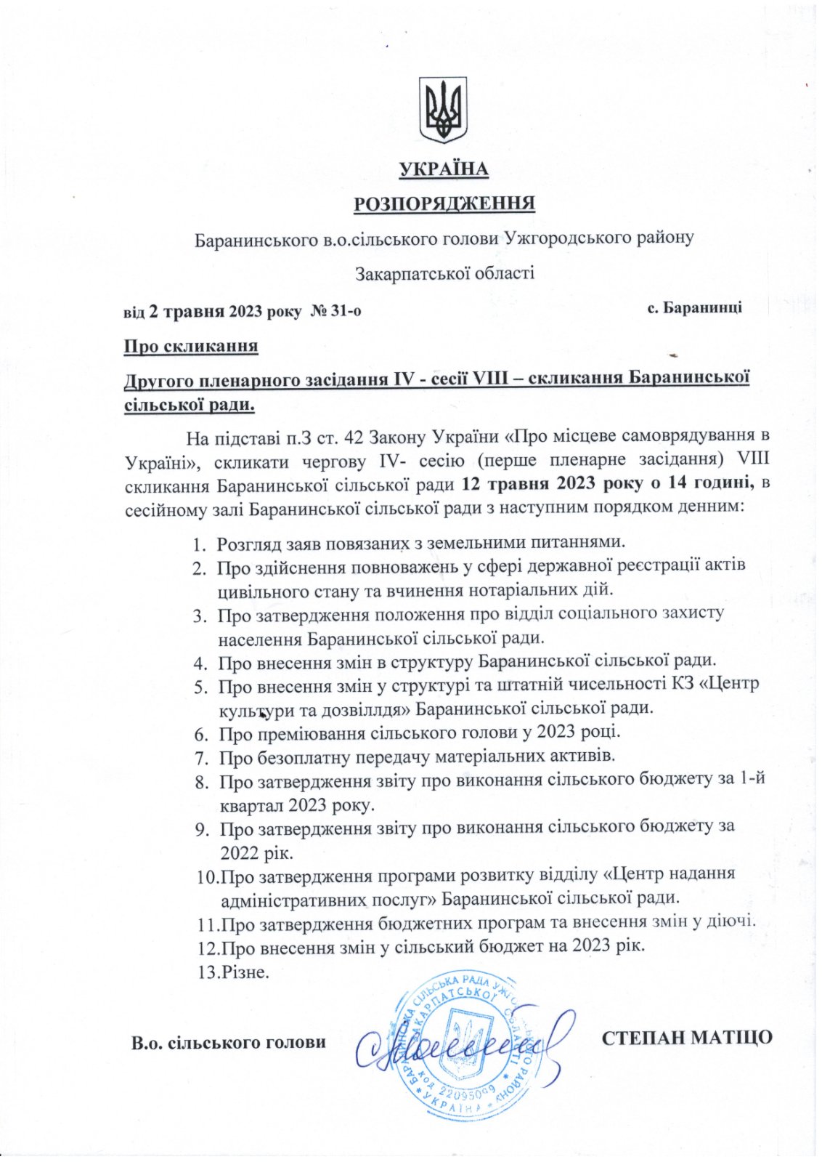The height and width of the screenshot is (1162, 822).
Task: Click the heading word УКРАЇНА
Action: pos(444,170)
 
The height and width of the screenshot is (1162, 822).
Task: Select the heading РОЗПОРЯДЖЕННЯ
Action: pos(444,203)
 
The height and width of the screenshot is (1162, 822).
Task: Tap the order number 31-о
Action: pos(346,311)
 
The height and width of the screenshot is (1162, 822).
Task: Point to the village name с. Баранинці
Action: pos(694,307)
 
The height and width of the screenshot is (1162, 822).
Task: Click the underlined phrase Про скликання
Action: pos(191,345)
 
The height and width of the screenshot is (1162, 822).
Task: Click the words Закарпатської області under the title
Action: pos(444,273)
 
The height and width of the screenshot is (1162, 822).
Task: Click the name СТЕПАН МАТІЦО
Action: pos(687,1037)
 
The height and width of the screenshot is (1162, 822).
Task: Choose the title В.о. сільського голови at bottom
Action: pos(228,1043)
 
